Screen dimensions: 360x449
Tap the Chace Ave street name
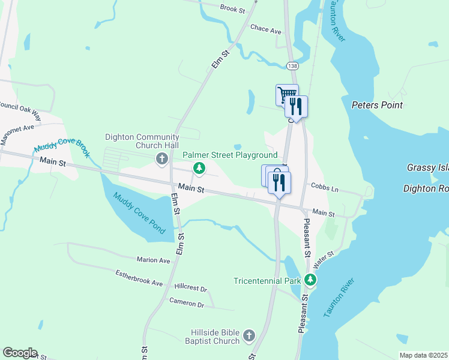[266, 29]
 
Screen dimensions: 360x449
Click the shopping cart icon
[287, 94]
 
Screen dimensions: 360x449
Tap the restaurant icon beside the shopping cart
[296, 106]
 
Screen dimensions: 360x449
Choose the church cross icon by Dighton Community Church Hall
[161, 159]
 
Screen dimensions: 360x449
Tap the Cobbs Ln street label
[325, 188]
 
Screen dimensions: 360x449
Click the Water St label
[322, 259]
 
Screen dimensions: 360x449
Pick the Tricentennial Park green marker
[310, 280]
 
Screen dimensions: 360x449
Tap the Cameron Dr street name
[187, 303]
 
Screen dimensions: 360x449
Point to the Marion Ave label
[153, 260]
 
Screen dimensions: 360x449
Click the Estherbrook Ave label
[139, 278]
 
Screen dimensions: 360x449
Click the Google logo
[20, 353]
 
